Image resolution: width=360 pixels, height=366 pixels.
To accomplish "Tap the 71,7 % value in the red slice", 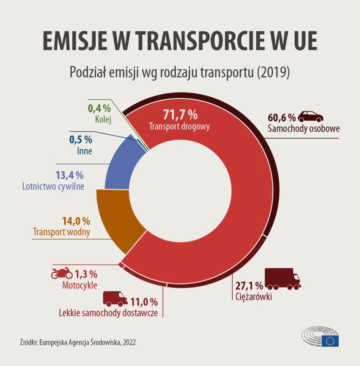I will (x=180, y=115).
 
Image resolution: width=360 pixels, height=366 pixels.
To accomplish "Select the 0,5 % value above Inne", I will (x=81, y=139).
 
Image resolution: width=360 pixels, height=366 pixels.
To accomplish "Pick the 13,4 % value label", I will (x=69, y=175).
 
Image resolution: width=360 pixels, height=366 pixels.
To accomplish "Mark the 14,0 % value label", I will (x=76, y=221).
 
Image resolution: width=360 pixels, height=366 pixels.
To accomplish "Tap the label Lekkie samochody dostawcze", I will (x=108, y=312).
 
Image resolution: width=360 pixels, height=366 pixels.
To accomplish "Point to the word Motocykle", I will (x=79, y=285).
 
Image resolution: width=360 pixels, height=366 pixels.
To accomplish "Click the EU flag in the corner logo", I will (x=330, y=341).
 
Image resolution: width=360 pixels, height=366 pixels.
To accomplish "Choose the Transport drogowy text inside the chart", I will (x=179, y=127).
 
